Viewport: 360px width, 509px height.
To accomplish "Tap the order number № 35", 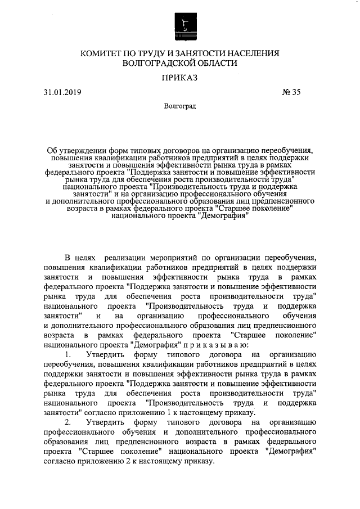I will click(291, 93).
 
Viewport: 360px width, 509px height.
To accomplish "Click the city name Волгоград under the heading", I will click(180, 106).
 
